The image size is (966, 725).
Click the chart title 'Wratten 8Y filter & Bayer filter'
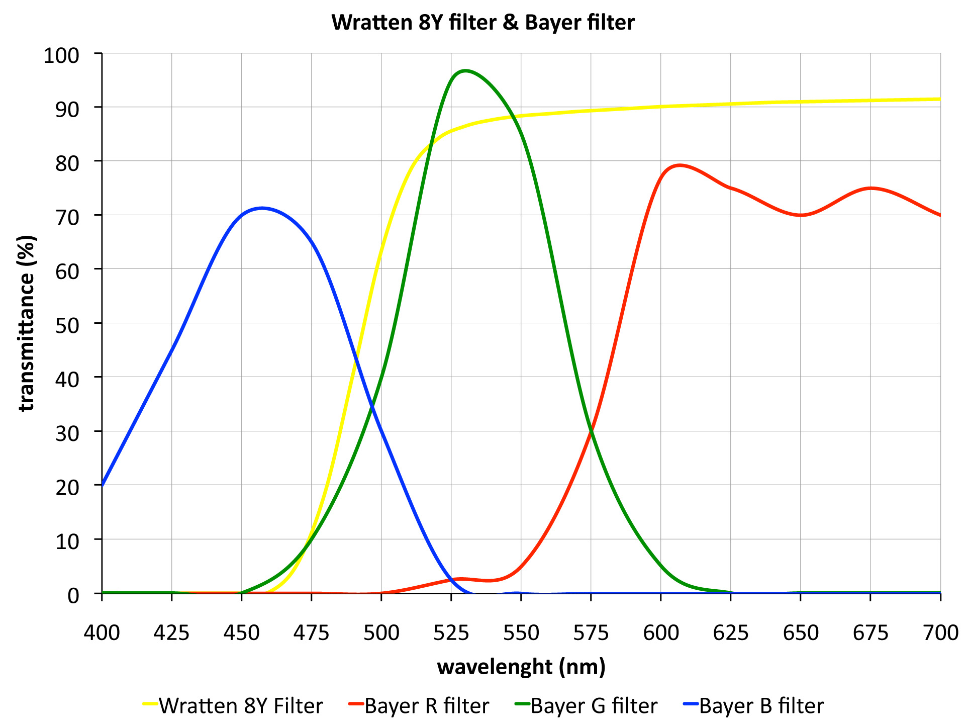(482, 23)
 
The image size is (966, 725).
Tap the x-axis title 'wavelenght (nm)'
(521, 667)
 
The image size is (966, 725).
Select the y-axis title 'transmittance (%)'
(27, 323)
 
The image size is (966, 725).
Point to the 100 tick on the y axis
(61, 55)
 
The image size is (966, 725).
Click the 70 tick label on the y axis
(67, 217)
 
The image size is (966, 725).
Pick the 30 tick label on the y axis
(67, 433)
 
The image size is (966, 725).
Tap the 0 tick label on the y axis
(73, 595)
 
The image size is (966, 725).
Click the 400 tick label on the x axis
(102, 632)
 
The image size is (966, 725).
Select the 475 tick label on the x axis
(312, 632)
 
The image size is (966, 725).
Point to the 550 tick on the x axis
(521, 632)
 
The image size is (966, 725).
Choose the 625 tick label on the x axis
(731, 632)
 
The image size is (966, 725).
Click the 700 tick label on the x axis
(940, 632)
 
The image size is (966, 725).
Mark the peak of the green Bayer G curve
(465, 70)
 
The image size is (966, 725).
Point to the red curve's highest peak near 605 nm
(679, 165)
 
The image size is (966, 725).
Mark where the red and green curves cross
(592, 431)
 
